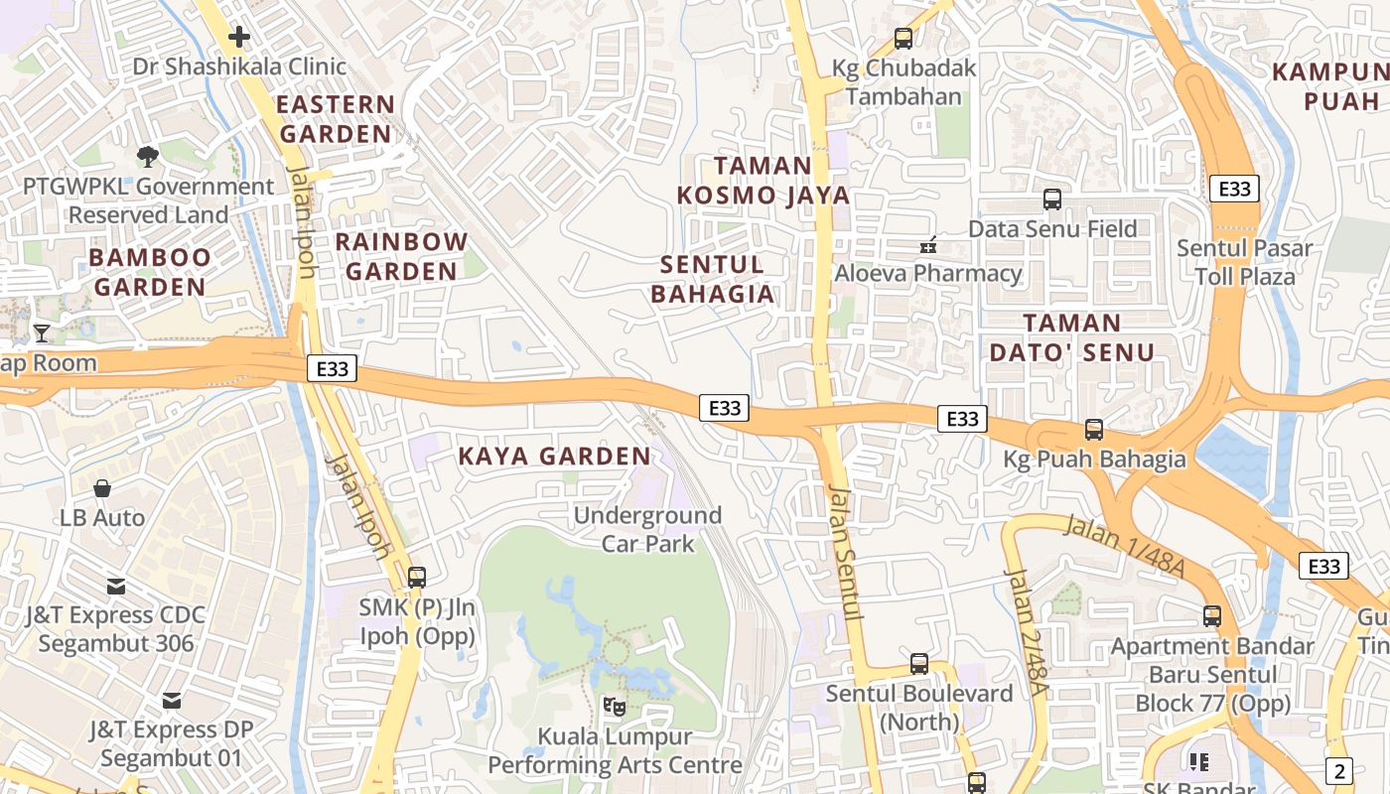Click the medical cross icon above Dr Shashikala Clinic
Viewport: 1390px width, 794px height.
point(239,38)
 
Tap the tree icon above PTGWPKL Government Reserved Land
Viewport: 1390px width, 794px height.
point(148,157)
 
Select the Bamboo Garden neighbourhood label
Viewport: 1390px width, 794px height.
point(149,273)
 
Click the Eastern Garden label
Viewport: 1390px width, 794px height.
point(335,119)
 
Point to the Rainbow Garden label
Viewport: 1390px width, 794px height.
point(401,256)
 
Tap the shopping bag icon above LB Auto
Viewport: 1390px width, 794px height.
point(102,488)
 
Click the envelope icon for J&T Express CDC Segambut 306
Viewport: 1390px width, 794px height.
point(116,586)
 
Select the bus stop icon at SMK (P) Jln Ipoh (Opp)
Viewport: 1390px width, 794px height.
point(417,577)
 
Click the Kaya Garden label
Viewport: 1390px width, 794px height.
point(554,457)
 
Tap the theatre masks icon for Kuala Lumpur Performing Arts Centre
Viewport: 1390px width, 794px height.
point(615,707)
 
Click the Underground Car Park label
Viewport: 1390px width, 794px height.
point(647,529)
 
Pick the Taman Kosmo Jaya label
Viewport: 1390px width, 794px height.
point(764,180)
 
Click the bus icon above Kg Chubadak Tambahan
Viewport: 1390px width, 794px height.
point(903,39)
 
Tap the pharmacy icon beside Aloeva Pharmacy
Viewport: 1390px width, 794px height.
point(929,244)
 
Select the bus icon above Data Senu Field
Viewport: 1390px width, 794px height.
point(1052,199)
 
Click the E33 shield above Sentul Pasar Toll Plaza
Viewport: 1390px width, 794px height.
point(1234,189)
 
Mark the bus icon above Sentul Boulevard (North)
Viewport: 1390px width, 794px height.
point(919,664)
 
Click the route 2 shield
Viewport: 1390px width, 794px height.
point(1338,770)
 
